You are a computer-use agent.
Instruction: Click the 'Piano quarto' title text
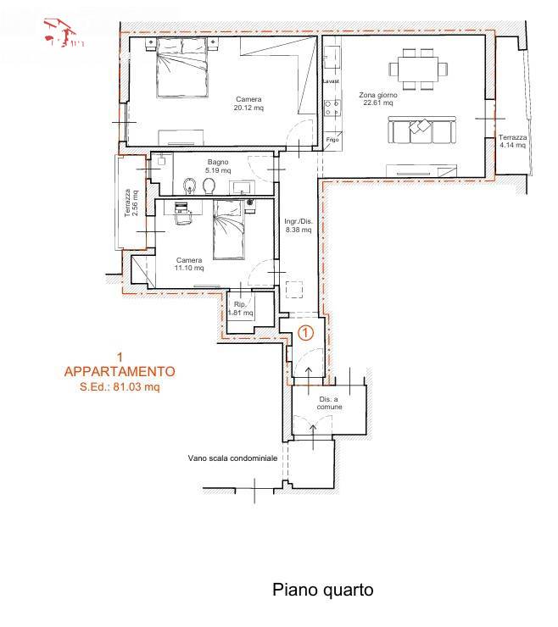[x=322, y=590]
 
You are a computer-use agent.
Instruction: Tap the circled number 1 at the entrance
[x=307, y=333]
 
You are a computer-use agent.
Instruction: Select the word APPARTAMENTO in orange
[x=120, y=371]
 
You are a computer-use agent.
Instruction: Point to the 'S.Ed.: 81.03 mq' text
[x=120, y=387]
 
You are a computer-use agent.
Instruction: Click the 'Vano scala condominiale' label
[x=232, y=459]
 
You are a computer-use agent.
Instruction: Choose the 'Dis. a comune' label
[x=331, y=402]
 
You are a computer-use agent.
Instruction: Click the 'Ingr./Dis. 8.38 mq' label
[x=299, y=225]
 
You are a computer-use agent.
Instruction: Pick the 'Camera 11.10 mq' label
[x=189, y=264]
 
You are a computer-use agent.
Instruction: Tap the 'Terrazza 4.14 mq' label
[x=512, y=141]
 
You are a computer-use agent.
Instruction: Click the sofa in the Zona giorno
[x=420, y=130]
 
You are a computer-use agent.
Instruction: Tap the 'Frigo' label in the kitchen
[x=332, y=139]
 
